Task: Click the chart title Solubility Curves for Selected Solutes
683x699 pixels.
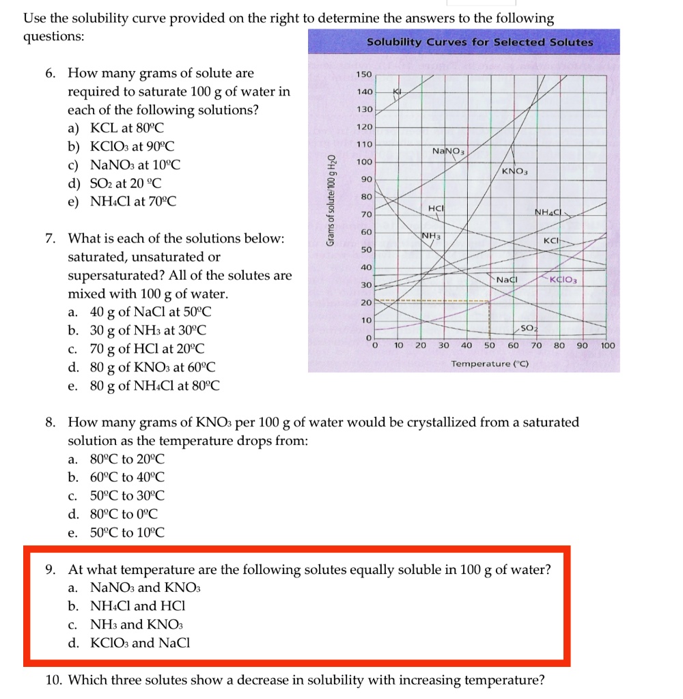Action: click(479, 42)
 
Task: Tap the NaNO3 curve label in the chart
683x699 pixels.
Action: click(448, 150)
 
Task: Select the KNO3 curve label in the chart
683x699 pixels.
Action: click(516, 171)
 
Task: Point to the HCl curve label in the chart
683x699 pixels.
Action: click(436, 208)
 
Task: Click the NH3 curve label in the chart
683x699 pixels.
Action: click(430, 236)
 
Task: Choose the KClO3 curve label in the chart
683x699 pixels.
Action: click(566, 280)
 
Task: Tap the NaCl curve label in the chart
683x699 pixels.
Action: click(507, 280)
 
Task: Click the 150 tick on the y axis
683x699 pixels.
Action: click(365, 74)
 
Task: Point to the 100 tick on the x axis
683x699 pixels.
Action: click(607, 345)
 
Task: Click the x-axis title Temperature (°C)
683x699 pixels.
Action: click(490, 364)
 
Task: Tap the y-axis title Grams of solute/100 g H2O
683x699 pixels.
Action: click(331, 199)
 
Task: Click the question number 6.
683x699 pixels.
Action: click(52, 73)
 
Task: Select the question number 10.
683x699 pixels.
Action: click(54, 680)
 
